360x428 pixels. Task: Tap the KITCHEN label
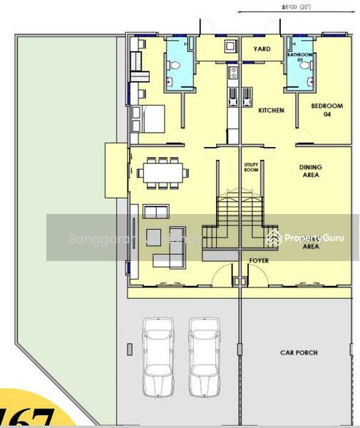[272, 111]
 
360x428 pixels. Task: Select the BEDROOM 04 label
[327, 110]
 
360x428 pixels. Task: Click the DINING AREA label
[310, 171]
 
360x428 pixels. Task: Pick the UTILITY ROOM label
[250, 167]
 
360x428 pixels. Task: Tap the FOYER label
[259, 261]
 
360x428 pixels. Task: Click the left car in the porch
[158, 357]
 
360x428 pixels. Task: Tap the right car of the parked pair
[203, 357]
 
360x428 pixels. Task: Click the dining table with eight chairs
[164, 172]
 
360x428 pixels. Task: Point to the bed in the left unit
[148, 118]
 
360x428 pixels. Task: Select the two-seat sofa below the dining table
[157, 211]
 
